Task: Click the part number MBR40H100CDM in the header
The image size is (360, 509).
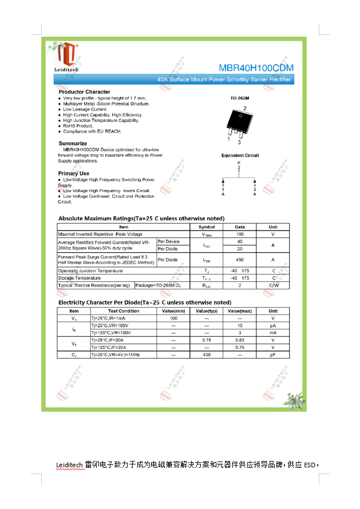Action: tap(256, 68)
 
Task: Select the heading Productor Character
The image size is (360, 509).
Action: tap(84, 92)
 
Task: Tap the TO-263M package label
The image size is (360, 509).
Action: tap(240, 98)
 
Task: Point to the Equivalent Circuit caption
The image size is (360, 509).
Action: tap(240, 156)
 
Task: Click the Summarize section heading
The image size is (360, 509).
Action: tap(73, 144)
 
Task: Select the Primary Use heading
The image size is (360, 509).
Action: tap(74, 173)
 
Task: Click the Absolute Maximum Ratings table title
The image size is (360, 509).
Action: tap(141, 218)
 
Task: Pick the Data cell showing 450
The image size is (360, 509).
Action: tap(240, 260)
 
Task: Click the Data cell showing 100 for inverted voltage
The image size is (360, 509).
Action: tap(240, 234)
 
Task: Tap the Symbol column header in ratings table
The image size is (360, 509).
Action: tap(207, 227)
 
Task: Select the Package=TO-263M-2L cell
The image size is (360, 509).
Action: tap(158, 285)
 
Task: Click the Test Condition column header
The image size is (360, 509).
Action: tap(124, 311)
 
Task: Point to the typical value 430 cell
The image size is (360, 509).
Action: tap(207, 355)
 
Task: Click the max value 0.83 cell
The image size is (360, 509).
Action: tap(240, 340)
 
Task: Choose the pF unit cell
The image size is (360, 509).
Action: tap(273, 355)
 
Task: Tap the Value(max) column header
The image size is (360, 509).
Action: tap(240, 311)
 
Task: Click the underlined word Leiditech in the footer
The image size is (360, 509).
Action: tap(70, 464)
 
